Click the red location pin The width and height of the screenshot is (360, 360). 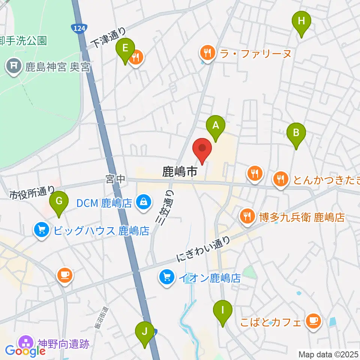(x=202, y=149)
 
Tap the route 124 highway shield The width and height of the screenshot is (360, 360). (x=79, y=28)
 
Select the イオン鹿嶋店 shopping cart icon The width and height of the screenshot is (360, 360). (x=167, y=278)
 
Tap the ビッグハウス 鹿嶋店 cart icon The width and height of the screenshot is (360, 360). (x=41, y=229)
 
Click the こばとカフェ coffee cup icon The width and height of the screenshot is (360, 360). (x=312, y=321)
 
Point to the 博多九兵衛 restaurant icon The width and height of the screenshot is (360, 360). (x=247, y=216)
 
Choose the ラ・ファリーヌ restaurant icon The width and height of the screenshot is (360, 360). (x=207, y=53)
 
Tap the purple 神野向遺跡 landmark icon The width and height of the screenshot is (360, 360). (x=26, y=342)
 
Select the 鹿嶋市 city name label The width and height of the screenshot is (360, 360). (x=180, y=172)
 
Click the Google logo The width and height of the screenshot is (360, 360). (x=25, y=351)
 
